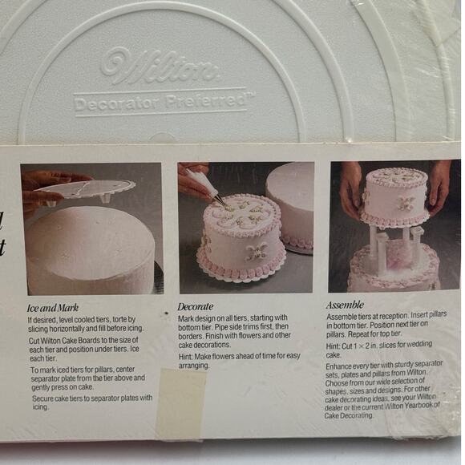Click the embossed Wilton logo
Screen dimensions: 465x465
coord(160,69)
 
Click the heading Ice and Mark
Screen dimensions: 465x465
coord(52,307)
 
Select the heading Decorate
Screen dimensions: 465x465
coord(196,306)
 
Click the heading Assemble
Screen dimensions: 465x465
coord(345,305)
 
